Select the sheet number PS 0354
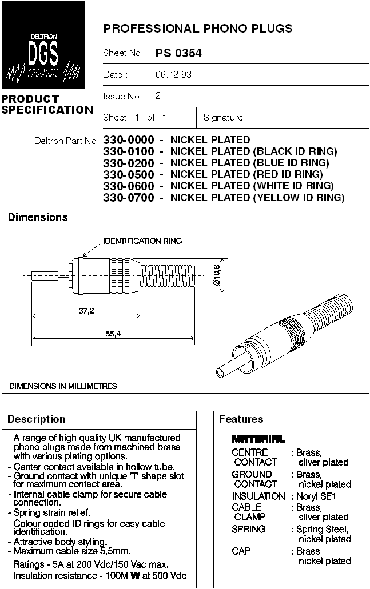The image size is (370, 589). pyautogui.click(x=178, y=53)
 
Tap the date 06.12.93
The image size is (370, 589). pyautogui.click(x=173, y=75)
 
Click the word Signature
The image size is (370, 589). pyautogui.click(x=223, y=118)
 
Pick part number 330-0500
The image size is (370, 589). pyautogui.click(x=129, y=174)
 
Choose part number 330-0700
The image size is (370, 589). pyautogui.click(x=129, y=198)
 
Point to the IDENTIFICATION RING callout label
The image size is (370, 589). pyautogui.click(x=142, y=241)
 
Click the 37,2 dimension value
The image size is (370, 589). pyautogui.click(x=87, y=311)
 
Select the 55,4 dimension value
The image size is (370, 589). pyautogui.click(x=113, y=334)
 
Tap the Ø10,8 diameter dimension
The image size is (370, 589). pyautogui.click(x=216, y=275)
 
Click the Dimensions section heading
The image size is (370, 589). pyautogui.click(x=38, y=218)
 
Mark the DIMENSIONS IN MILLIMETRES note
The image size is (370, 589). pyautogui.click(x=63, y=386)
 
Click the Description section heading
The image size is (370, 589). pyautogui.click(x=37, y=419)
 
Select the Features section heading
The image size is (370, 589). pyautogui.click(x=241, y=419)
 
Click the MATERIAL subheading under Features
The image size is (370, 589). pyautogui.click(x=258, y=439)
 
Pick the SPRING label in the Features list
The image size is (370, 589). pyautogui.click(x=249, y=529)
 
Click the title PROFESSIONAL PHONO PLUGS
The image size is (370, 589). pyautogui.click(x=197, y=28)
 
